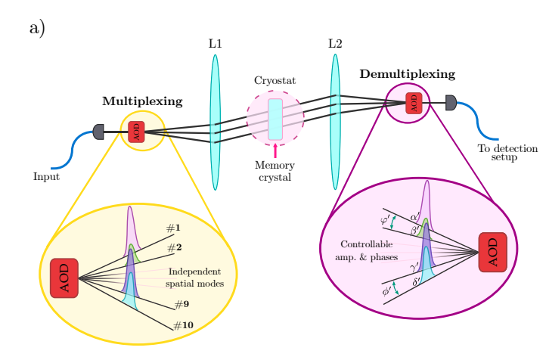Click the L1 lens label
coord(215,44)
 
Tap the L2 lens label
coord(335,44)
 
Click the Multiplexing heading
coord(142,101)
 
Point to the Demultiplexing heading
coord(408,74)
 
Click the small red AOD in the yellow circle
coord(136,132)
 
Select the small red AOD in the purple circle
coord(414,102)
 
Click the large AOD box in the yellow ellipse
coord(64,278)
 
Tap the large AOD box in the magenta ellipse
coord(492,251)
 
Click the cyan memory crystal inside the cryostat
coord(275,119)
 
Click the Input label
coord(47,177)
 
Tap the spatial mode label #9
coord(181,304)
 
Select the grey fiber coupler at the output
coord(451,102)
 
